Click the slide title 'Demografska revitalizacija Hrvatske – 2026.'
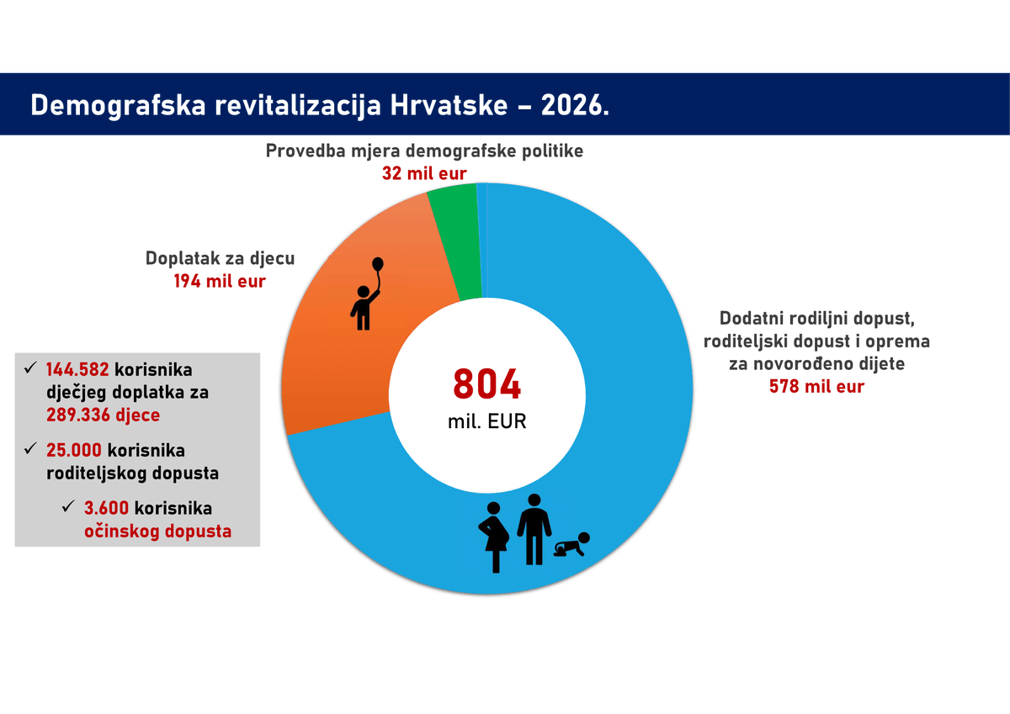(x=320, y=106)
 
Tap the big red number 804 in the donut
(x=486, y=384)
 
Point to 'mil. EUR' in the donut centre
(x=486, y=421)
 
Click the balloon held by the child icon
(x=378, y=265)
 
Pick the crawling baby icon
(x=572, y=547)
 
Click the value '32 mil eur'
(x=424, y=173)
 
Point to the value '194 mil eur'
(x=220, y=281)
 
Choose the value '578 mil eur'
(x=816, y=387)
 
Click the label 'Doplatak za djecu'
(x=220, y=258)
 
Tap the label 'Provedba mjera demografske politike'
(x=424, y=151)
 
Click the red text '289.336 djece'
(x=103, y=415)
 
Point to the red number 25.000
(x=74, y=451)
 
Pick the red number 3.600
(x=106, y=509)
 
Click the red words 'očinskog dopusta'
(x=157, y=531)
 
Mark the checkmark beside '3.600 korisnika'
(x=68, y=508)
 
